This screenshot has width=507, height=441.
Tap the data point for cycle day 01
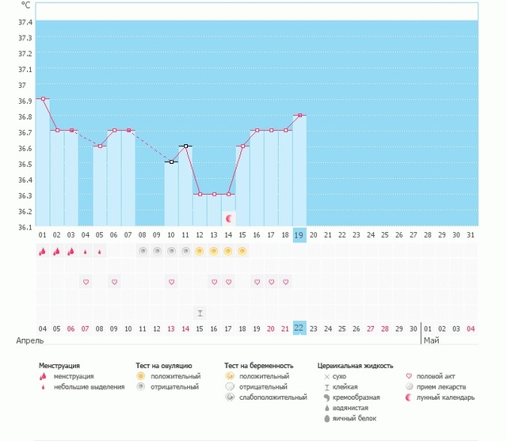point(43,99)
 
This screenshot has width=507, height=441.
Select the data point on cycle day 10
point(171,162)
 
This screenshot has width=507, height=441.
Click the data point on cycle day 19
point(299,116)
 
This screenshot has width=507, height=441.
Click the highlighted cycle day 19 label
point(299,235)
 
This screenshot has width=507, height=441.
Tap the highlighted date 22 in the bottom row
point(299,329)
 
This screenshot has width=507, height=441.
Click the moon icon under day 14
point(228,218)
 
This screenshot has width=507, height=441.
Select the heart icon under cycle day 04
point(86,282)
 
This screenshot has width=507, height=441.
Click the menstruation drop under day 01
point(43,251)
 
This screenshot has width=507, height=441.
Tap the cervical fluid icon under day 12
point(200,313)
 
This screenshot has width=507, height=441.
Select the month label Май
point(431,340)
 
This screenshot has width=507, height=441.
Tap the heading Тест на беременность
point(259,366)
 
